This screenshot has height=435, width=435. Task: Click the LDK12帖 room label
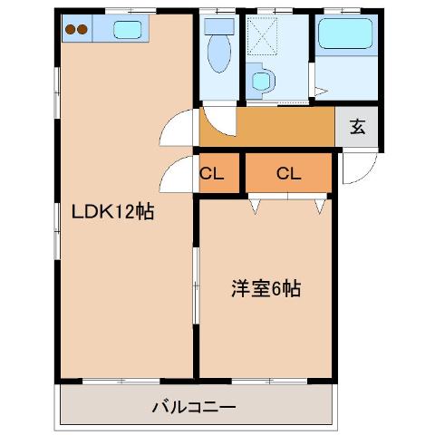pos(112,214)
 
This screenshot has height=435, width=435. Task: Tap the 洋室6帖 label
pos(265,290)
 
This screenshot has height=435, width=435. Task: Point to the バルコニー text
pos(193,407)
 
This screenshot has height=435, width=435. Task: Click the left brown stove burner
pos(70,29)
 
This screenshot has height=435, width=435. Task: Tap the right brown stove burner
pos(83,29)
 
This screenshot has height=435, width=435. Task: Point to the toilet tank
pos(218,27)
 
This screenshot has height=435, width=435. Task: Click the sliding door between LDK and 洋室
pos(196,290)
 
